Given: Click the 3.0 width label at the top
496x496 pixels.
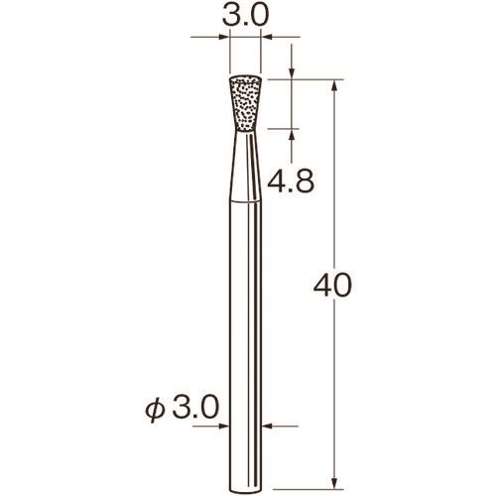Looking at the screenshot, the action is click(245, 15).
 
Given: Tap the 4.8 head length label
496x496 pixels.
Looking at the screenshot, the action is click(291, 182).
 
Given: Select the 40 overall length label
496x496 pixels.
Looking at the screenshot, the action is click(332, 286).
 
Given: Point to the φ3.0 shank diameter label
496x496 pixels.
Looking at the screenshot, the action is click(183, 409).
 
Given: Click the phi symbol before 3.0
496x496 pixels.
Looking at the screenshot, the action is click(155, 411).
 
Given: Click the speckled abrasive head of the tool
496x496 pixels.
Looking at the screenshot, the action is click(246, 104).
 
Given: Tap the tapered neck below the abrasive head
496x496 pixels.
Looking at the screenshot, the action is click(246, 167).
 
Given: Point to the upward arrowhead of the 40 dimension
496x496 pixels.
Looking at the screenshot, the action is click(334, 85).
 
